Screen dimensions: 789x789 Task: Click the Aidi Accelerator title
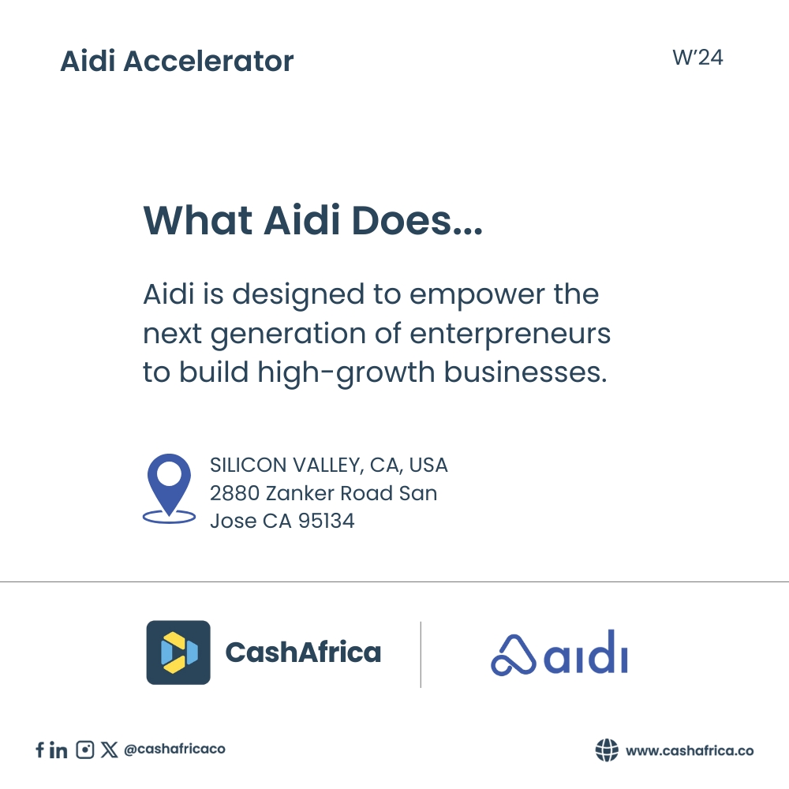click(177, 62)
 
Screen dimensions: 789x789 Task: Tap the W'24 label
click(697, 58)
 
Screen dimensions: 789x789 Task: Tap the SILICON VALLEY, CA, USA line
click(328, 466)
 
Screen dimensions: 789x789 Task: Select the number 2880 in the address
click(234, 494)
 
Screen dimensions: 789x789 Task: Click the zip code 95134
click(326, 521)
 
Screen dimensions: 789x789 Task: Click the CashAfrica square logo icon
click(178, 653)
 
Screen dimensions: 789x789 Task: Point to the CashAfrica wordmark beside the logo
click(303, 653)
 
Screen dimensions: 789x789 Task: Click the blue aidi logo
click(559, 655)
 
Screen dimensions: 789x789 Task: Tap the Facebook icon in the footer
click(39, 750)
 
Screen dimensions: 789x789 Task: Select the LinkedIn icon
click(58, 750)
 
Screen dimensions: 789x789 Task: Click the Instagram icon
click(85, 750)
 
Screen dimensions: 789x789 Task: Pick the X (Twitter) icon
click(110, 750)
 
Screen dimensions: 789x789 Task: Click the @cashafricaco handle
click(174, 750)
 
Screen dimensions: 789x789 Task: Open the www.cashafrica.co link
click(689, 750)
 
